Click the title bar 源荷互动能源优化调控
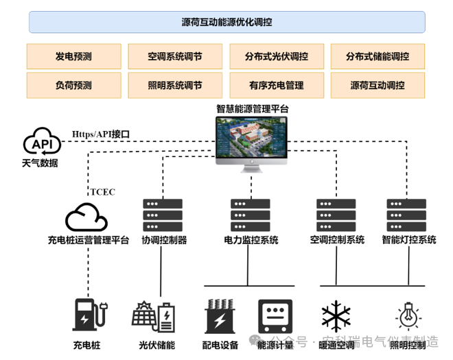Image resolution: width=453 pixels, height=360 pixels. pyautogui.click(x=226, y=22)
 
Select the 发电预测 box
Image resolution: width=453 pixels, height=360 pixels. pyautogui.click(x=73, y=56)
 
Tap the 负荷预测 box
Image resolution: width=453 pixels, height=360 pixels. pyautogui.click(x=73, y=86)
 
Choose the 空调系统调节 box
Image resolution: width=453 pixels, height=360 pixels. pyautogui.click(x=174, y=56)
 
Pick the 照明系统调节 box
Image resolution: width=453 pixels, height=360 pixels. pyautogui.click(x=174, y=86)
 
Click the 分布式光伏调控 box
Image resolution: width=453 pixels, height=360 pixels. pyautogui.click(x=276, y=56)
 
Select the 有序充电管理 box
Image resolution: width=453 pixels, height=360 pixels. pyautogui.click(x=276, y=86)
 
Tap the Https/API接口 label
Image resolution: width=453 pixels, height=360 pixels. pyautogui.click(x=101, y=134)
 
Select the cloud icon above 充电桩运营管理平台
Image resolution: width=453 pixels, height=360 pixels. pyautogui.click(x=86, y=217)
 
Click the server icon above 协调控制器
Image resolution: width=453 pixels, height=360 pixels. pyautogui.click(x=163, y=215)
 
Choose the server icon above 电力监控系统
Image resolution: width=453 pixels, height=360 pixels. pyautogui.click(x=250, y=215)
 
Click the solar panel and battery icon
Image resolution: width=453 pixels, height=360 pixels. pyautogui.click(x=154, y=317)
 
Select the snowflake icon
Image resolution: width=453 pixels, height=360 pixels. pyautogui.click(x=336, y=317)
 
